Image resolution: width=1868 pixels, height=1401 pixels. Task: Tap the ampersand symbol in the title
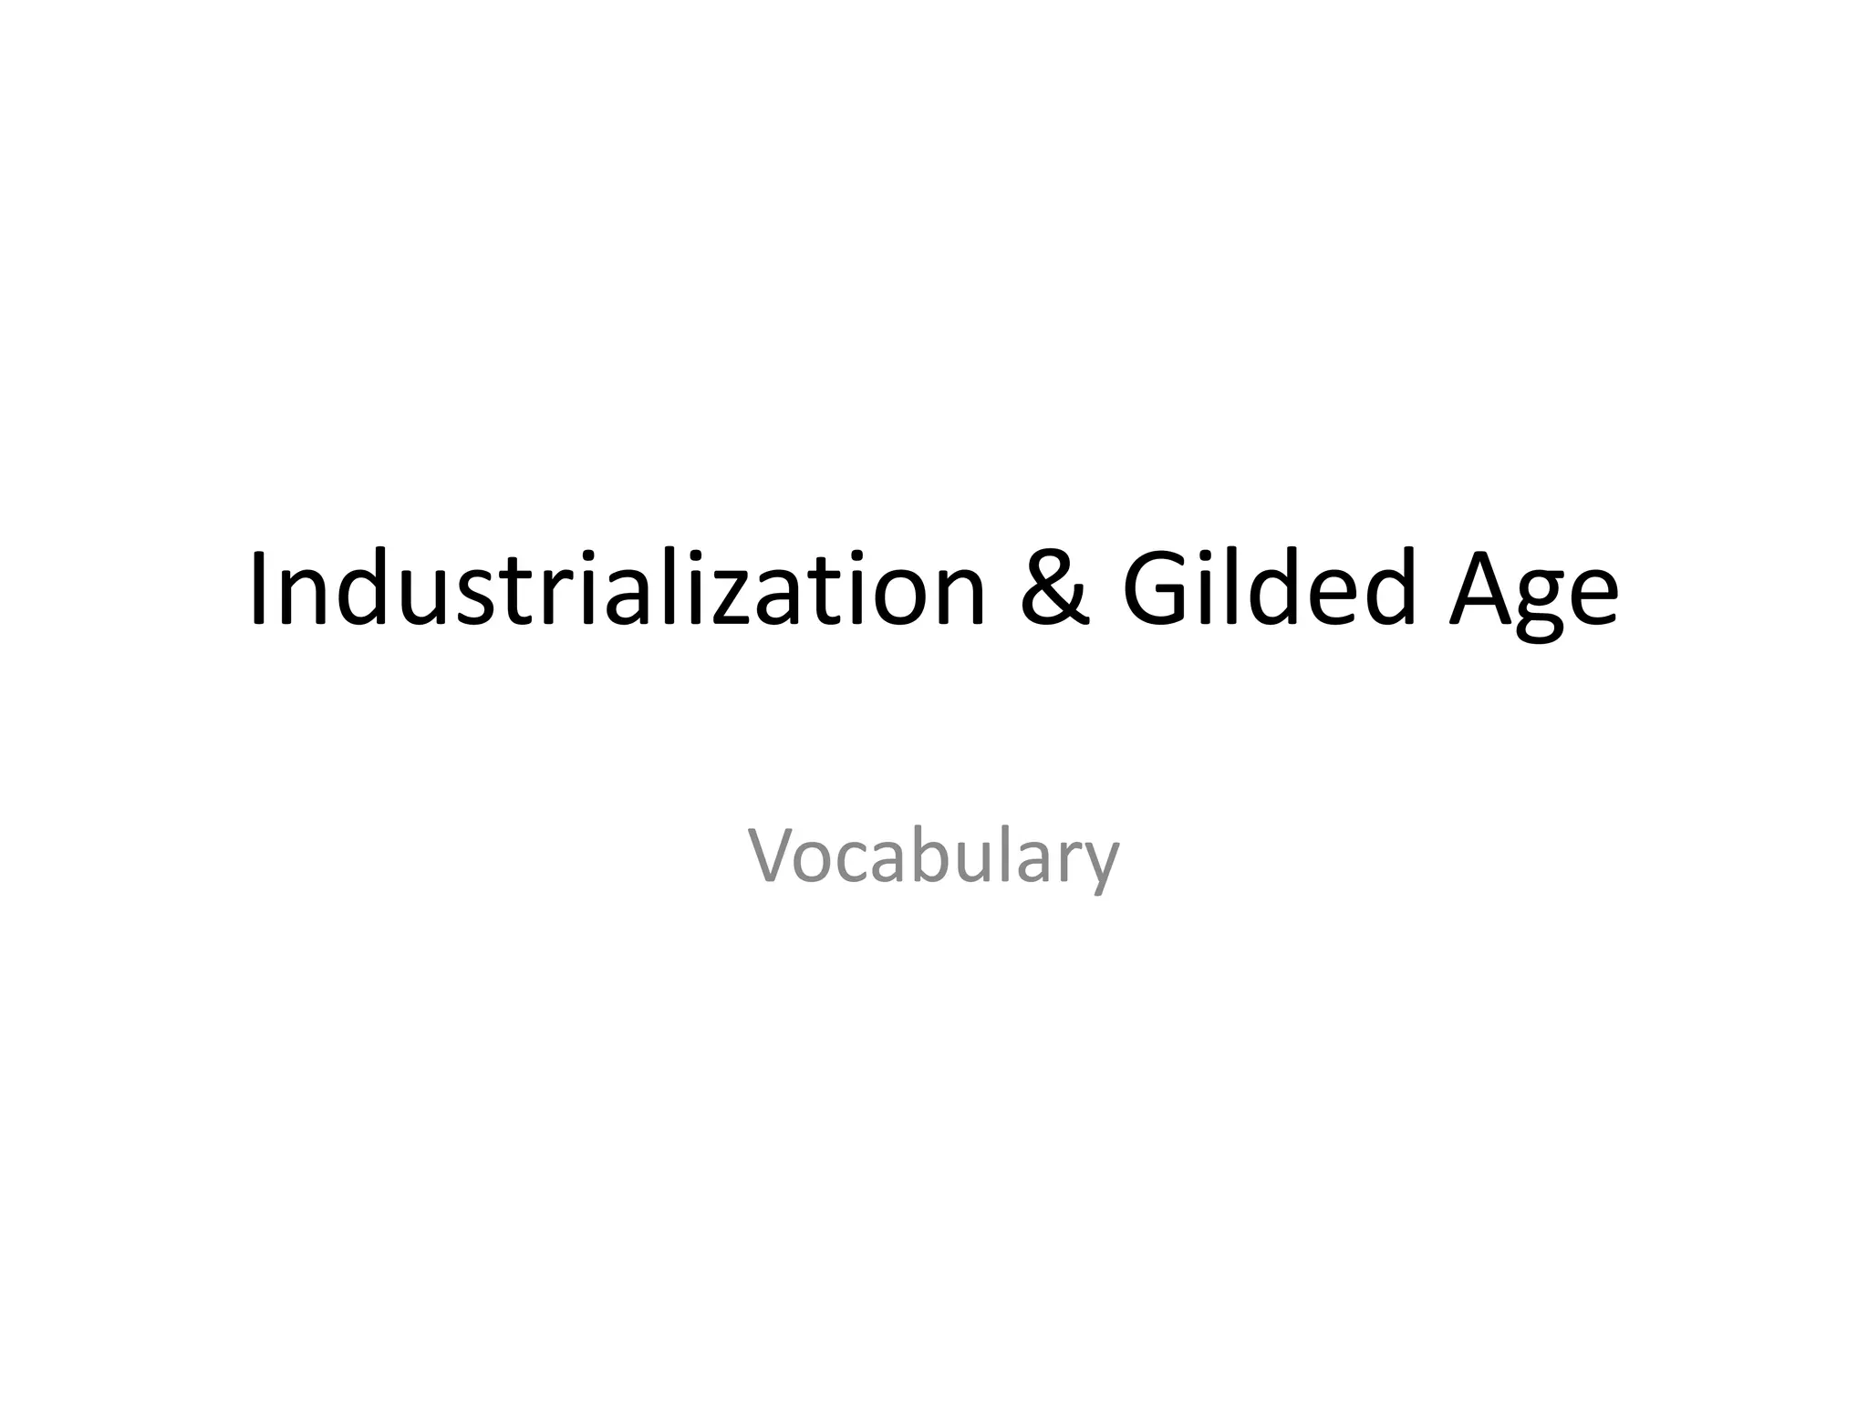(x=1054, y=589)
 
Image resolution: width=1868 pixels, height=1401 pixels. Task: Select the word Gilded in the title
(x=1269, y=589)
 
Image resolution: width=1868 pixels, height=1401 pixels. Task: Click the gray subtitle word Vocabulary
(x=933, y=857)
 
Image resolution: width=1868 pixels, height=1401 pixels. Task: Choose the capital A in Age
(x=1483, y=589)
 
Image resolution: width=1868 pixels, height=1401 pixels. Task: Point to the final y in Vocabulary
(x=1100, y=867)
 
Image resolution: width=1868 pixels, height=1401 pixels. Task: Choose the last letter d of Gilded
(x=1386, y=591)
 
